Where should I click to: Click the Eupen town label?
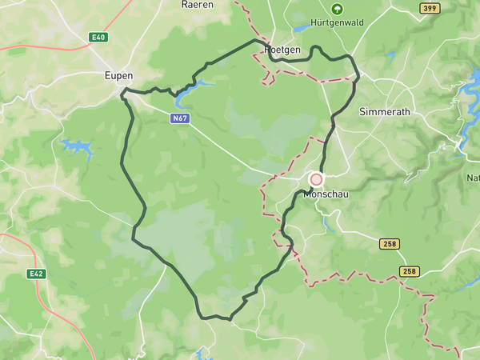coord(118,75)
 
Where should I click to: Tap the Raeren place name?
coord(196,4)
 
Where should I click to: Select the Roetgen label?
coord(282,50)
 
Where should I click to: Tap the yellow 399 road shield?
coord(430,8)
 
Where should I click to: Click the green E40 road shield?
coord(98,38)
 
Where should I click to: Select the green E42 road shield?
coord(36,274)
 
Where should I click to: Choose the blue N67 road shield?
coord(180,118)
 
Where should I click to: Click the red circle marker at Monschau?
coord(316,179)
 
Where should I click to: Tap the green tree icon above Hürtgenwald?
coord(337,9)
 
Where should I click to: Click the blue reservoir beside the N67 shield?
coord(187,94)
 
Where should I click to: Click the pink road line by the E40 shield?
coord(48,43)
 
